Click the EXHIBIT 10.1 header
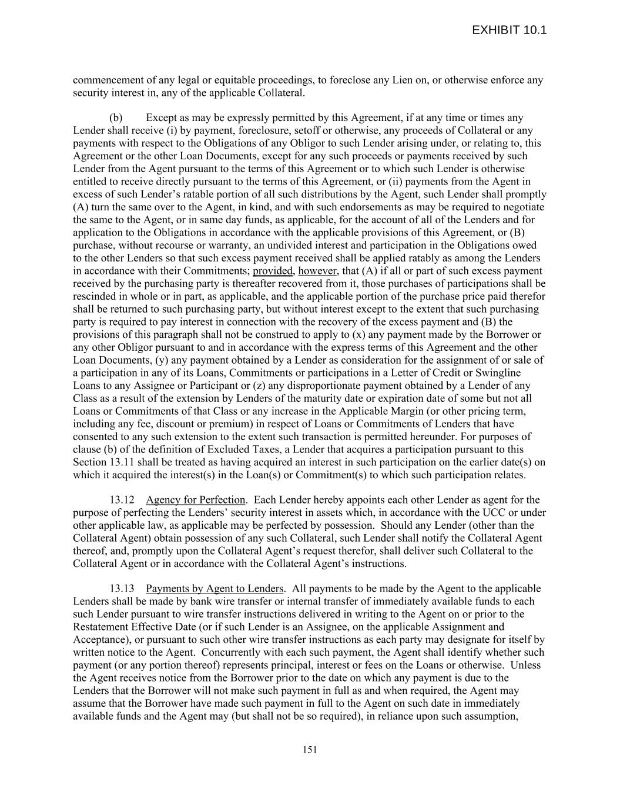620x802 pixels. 509,31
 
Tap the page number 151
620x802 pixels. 310,749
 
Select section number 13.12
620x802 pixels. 122,500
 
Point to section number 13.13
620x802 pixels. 122,589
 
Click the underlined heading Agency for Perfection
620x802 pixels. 195,500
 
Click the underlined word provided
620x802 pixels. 273,271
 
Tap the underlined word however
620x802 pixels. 317,271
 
